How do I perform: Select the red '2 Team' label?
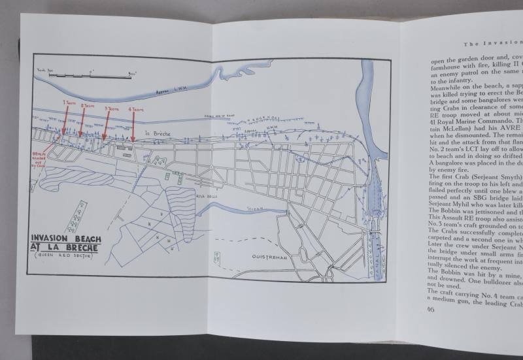pyautogui.click(x=87, y=105)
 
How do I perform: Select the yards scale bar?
pyautogui.click(x=92, y=74)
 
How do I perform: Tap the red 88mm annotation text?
pyautogui.click(x=42, y=160)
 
